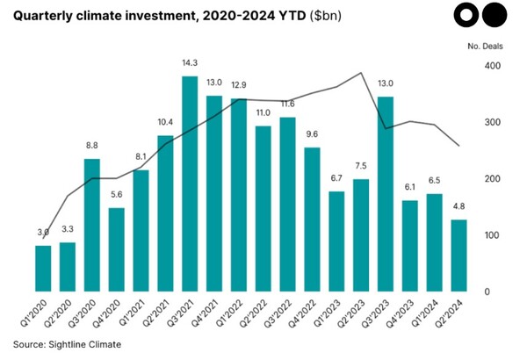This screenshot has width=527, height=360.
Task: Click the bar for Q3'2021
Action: click(189, 184)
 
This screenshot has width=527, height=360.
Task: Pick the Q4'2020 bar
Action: click(116, 249)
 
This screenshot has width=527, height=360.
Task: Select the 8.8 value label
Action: click(91, 147)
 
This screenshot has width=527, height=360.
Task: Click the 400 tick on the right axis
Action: click(492, 67)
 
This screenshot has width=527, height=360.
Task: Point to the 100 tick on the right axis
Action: click(492, 235)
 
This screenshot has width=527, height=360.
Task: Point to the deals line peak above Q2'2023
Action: click(361, 73)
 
